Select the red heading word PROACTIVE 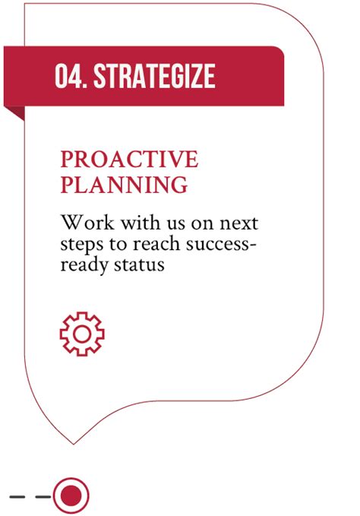coord(129,160)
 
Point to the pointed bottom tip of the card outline coord(74,442)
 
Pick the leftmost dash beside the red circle coord(18,496)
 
